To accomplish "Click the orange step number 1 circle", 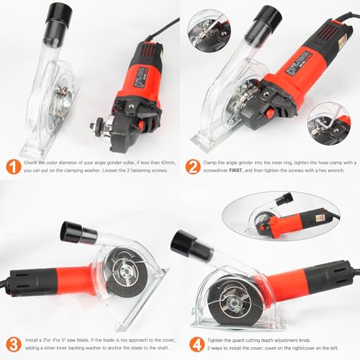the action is tap(14, 166).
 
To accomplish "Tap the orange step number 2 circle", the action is tap(193, 166).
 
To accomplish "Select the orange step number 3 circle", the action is tap(14, 344).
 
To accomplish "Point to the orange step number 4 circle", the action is tap(197, 344).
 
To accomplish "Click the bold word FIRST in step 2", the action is tap(236, 171).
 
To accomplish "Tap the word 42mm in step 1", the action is tap(168, 163).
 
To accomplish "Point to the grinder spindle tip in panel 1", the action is tap(92, 125).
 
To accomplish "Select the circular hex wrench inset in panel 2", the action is tap(329, 124).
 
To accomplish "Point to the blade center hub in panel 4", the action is tap(233, 305).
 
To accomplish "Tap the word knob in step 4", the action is tap(305, 340).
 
